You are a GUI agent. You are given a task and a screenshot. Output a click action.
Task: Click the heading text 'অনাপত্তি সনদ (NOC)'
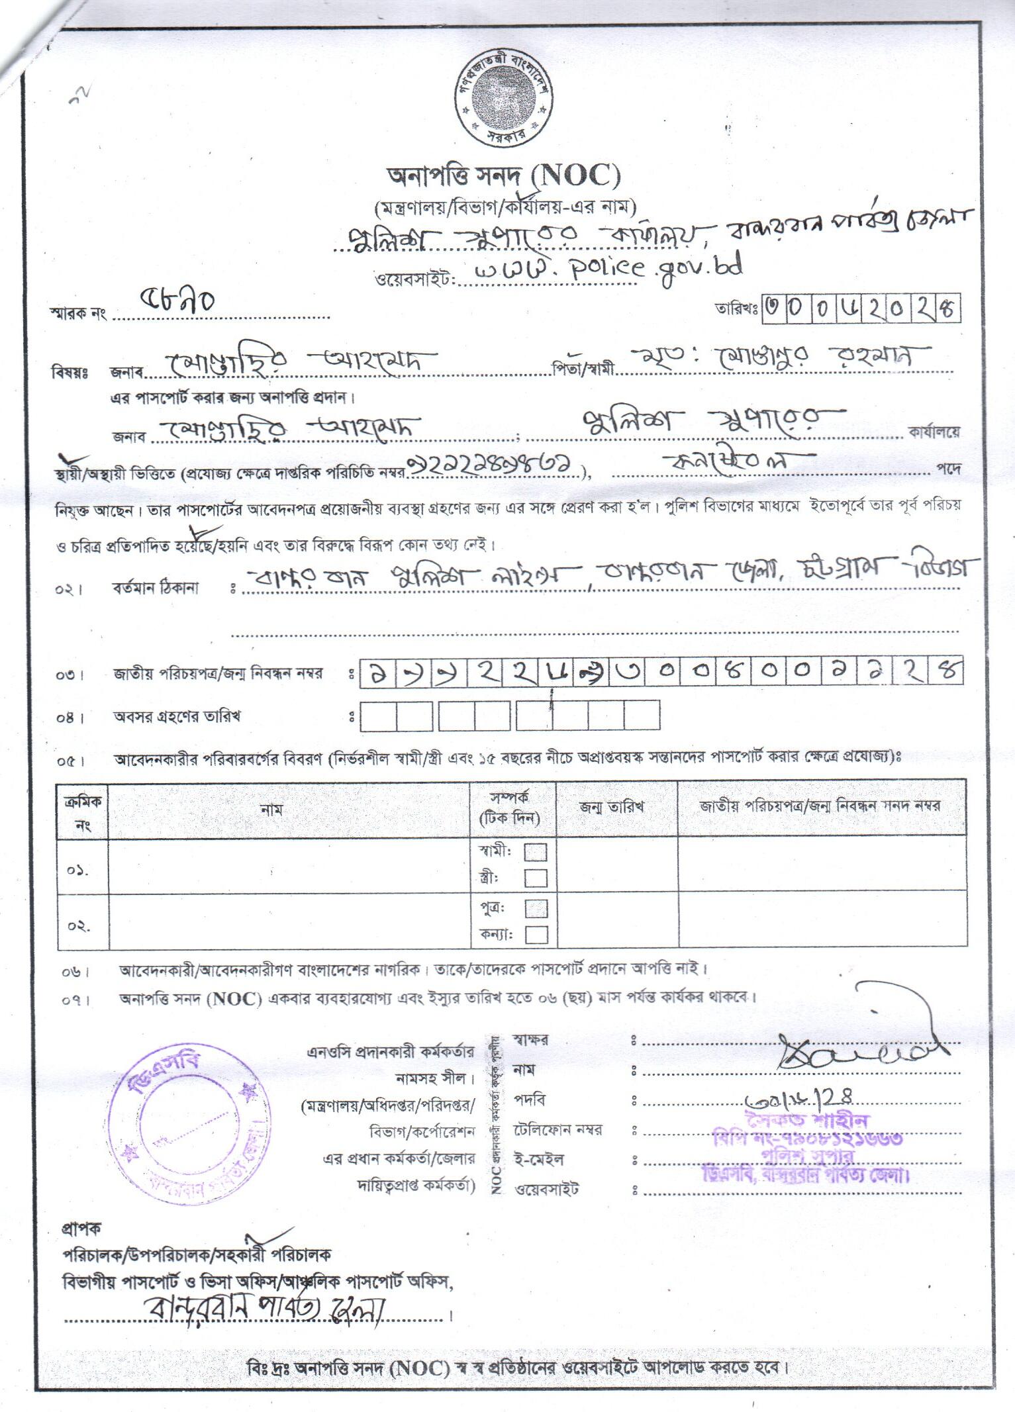pyautogui.click(x=504, y=177)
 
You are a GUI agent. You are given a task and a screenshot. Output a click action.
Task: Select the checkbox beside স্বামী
pyautogui.click(x=536, y=851)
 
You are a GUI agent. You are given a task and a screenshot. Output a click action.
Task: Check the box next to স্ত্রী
pyautogui.click(x=536, y=878)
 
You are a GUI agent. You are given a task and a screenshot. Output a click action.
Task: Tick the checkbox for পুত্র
pyautogui.click(x=536, y=908)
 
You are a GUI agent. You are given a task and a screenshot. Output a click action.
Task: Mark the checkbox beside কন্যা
pyautogui.click(x=536, y=934)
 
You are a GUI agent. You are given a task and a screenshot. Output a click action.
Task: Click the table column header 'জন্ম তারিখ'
pyautogui.click(x=612, y=806)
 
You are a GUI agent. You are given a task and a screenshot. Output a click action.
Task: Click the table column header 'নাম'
pyautogui.click(x=272, y=809)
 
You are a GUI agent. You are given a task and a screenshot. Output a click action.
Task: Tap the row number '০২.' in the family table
pyautogui.click(x=79, y=925)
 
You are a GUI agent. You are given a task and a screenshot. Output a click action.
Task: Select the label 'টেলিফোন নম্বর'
pyautogui.click(x=557, y=1130)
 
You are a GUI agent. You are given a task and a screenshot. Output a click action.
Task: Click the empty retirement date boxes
pyautogui.click(x=509, y=716)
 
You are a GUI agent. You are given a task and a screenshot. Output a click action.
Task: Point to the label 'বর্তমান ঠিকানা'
pyautogui.click(x=156, y=588)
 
